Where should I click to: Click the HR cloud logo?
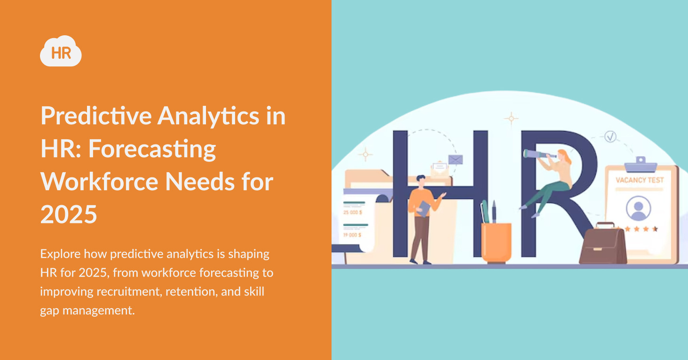click(61, 51)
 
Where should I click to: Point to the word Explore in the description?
click(60, 254)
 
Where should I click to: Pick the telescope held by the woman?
click(539, 154)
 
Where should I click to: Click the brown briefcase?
click(602, 244)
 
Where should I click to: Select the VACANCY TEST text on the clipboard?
click(640, 180)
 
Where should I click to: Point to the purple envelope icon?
click(455, 160)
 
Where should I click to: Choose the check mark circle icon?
click(610, 137)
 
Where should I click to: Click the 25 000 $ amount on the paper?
click(353, 212)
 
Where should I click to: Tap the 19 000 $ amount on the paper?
click(353, 234)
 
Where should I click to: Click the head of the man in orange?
click(420, 181)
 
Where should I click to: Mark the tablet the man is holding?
click(424, 208)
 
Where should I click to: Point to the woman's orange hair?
click(565, 157)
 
